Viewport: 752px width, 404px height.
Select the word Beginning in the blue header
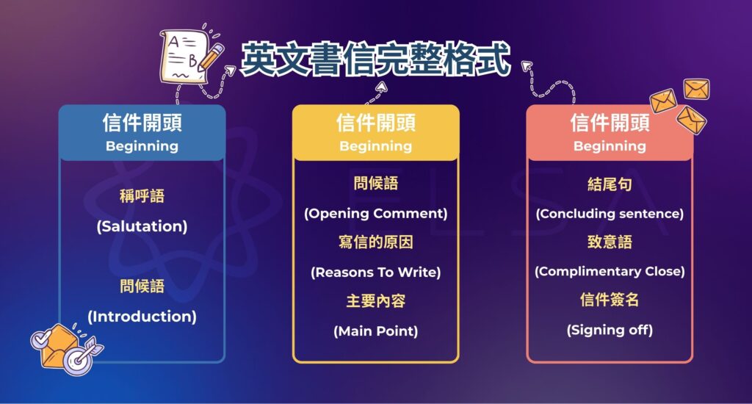(x=142, y=146)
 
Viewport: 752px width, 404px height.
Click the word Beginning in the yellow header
(x=375, y=146)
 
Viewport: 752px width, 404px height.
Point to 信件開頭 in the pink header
(x=610, y=123)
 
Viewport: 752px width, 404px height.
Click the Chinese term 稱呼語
(x=142, y=196)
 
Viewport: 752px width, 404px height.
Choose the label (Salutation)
(x=142, y=227)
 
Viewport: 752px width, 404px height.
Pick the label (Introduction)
(x=142, y=317)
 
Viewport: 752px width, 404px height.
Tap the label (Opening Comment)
(x=375, y=214)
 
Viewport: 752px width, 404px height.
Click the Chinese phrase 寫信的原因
(x=375, y=242)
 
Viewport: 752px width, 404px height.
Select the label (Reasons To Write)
(x=375, y=273)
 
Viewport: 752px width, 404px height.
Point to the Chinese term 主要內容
(x=375, y=301)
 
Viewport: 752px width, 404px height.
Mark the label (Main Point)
(x=375, y=331)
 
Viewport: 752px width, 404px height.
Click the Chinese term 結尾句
(x=610, y=184)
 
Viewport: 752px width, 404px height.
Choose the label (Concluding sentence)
(x=610, y=214)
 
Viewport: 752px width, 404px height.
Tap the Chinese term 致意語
(x=610, y=242)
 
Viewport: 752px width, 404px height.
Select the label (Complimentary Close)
(x=610, y=272)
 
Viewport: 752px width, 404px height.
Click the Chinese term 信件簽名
(x=610, y=300)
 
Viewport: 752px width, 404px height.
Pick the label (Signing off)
(x=610, y=331)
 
